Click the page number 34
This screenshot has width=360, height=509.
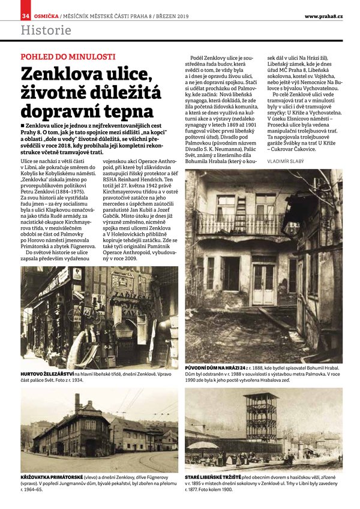(x=26, y=15)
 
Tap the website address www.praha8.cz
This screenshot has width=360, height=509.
(x=323, y=15)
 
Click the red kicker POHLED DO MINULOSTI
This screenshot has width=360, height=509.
(x=67, y=57)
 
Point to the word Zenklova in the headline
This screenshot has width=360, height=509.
(x=61, y=74)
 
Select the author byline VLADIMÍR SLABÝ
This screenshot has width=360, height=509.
(x=287, y=162)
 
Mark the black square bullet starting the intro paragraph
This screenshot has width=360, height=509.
(x=23, y=125)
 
